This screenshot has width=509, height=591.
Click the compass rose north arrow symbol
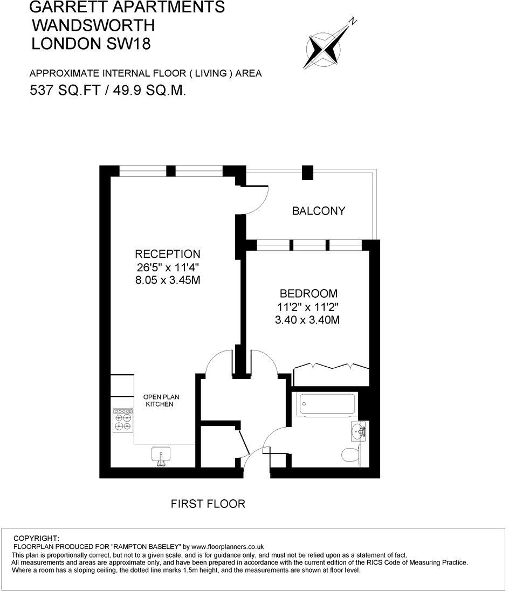325,47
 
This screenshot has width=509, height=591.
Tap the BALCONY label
318,211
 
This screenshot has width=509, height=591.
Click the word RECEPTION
168,254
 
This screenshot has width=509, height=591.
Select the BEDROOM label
308,294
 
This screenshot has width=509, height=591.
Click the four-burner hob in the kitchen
123,420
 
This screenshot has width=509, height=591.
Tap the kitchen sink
160,455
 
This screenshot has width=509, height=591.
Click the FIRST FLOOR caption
208,504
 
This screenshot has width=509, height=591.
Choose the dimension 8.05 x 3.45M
168,280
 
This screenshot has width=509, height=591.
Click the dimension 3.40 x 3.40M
307,320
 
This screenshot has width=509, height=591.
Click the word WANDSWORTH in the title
93,25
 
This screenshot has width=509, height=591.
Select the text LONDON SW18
91,44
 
